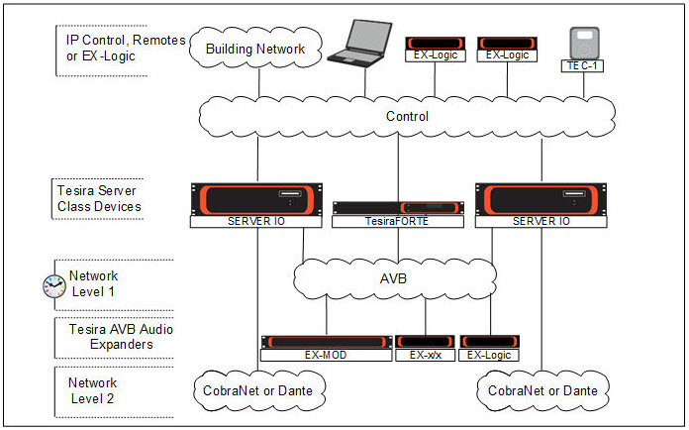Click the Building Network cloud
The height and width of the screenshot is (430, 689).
[262, 49]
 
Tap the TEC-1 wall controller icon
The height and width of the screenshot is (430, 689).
[584, 47]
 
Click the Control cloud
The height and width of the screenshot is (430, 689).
[407, 116]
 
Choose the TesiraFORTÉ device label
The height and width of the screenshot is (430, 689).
[399, 223]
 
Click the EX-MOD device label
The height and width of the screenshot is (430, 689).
[326, 354]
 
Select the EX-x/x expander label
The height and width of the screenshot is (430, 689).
[426, 354]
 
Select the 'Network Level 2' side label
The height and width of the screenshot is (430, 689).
[92, 389]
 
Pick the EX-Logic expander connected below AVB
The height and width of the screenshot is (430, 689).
[490, 348]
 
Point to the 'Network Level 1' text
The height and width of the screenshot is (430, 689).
[92, 284]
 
